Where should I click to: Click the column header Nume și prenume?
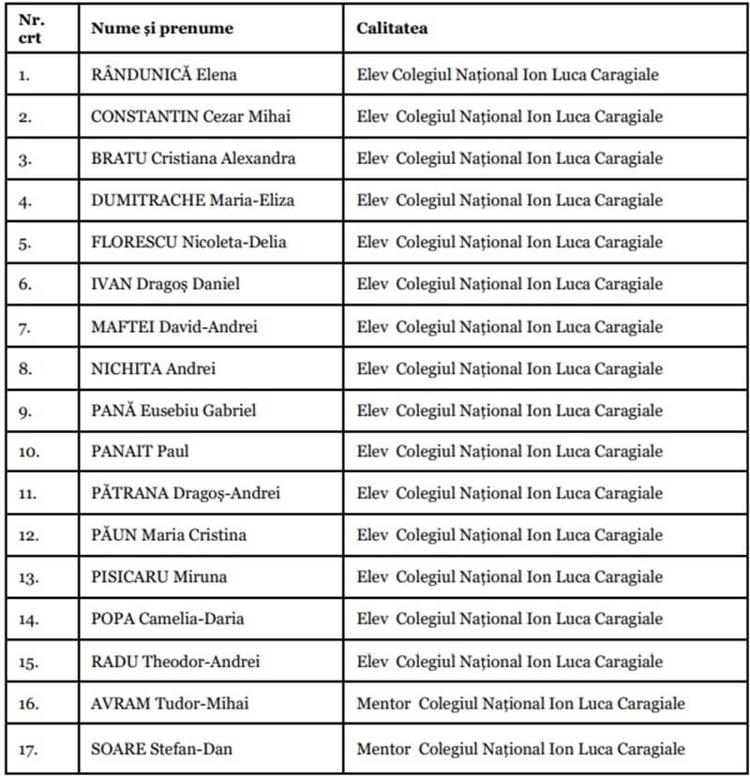tap(161, 29)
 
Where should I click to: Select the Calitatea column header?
tap(392, 29)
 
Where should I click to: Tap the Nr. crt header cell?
tap(31, 29)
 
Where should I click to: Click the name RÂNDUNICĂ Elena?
tap(163, 75)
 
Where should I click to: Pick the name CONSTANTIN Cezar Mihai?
tap(190, 117)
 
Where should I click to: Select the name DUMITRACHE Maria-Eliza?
tap(187, 201)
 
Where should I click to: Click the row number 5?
tap(24, 243)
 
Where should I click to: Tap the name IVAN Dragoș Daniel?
tap(165, 285)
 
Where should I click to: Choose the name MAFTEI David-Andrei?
tap(173, 327)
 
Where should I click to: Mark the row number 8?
tap(24, 369)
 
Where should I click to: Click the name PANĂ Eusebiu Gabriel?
tap(172, 410)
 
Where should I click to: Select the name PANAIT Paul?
tap(140, 452)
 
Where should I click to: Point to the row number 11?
tap(28, 494)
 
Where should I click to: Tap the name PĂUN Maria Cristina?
tap(169, 535)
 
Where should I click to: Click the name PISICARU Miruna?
tap(158, 577)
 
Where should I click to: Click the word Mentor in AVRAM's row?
tap(383, 704)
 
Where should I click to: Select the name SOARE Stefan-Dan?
tap(161, 749)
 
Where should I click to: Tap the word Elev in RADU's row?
tap(372, 662)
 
